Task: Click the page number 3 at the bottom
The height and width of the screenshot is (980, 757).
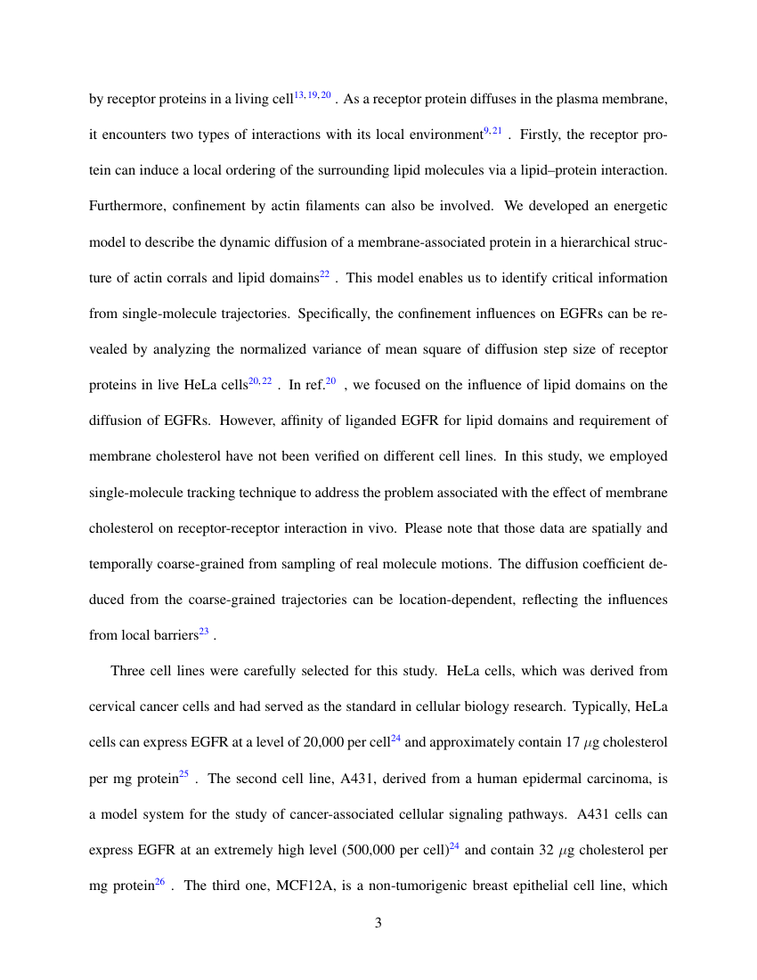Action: click(378, 923)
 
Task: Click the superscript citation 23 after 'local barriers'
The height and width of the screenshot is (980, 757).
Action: click(204, 632)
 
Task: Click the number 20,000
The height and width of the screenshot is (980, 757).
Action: click(319, 742)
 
